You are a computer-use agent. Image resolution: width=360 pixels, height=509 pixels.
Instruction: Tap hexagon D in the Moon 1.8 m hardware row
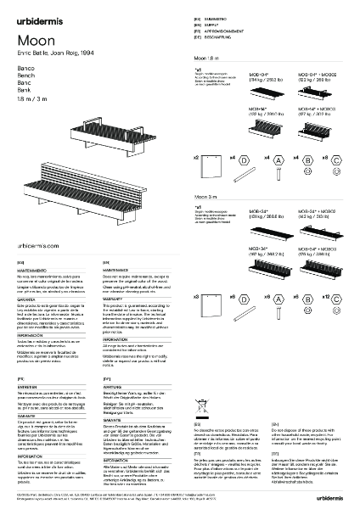point(244,159)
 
